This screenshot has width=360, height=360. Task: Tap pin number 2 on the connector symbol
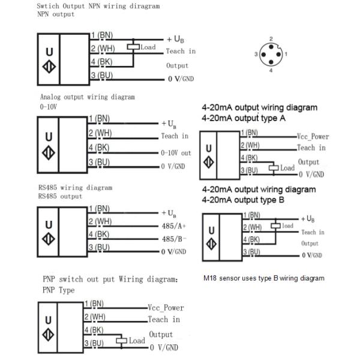pyautogui.click(x=271, y=38)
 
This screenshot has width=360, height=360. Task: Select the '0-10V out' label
pyautogui.click(x=176, y=153)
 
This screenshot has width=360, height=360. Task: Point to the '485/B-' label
pyautogui.click(x=175, y=239)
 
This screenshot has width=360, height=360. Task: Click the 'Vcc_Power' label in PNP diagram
pyautogui.click(x=166, y=307)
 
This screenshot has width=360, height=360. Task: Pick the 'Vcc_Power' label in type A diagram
pyautogui.click(x=313, y=137)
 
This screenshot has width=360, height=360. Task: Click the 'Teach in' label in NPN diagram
pyautogui.click(x=181, y=52)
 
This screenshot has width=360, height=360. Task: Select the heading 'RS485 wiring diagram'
pyautogui.click(x=75, y=188)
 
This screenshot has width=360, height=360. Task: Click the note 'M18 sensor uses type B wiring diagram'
pyautogui.click(x=264, y=278)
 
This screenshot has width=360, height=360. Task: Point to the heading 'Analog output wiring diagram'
pyautogui.click(x=88, y=97)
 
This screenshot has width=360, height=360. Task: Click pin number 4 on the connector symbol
pyautogui.click(x=271, y=71)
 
